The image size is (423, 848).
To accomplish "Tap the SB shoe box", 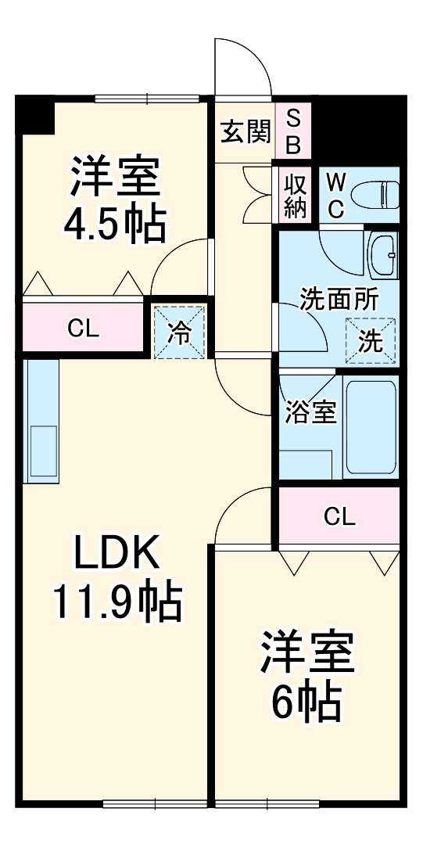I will point(292,131).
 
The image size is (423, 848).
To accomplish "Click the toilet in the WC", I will point(374,192).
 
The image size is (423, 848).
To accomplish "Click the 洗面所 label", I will point(339,300).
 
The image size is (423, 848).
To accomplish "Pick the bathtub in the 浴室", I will point(371,427).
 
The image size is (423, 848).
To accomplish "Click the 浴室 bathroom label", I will point(311,412).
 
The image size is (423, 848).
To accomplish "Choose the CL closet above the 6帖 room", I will point(339,516).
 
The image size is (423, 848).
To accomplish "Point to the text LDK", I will point(117,555).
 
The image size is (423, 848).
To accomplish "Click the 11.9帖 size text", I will point(117,602).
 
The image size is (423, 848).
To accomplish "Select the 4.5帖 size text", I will point(114,225).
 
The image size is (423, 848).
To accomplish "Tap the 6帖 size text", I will point(306,702).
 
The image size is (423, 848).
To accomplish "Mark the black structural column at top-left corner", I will point(34,113).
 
